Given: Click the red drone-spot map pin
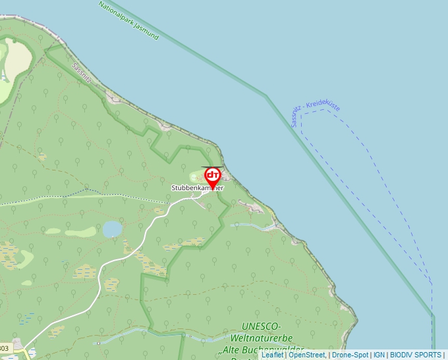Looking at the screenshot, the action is point(213,176).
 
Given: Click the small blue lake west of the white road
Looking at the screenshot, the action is point(112,228).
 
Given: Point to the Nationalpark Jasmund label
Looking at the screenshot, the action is point(128,20).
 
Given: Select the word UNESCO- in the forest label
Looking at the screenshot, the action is point(262,326).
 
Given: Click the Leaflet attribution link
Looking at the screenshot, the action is point(272,355).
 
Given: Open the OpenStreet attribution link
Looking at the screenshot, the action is point(307,355).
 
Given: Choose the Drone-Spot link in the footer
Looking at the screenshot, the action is point(350,355).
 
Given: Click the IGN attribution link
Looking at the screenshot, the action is point(379,355).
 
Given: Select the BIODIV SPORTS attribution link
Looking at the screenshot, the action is point(416,355).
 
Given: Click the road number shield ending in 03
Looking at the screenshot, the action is point(5,347).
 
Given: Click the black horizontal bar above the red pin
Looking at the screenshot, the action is point(211,167).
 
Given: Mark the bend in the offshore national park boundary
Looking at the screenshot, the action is point(266,96).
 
